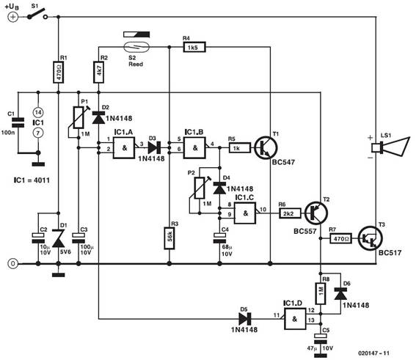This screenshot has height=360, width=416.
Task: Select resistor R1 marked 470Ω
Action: (59, 72)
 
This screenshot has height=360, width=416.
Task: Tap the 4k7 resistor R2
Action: (99, 72)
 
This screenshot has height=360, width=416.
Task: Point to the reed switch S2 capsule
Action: (136, 47)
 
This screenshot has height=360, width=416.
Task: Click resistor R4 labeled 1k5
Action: (194, 47)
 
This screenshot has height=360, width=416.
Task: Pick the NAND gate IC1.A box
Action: (124, 147)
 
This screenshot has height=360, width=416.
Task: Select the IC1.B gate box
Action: (194, 147)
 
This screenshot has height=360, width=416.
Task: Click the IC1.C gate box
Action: (245, 213)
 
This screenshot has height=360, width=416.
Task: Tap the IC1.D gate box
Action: (295, 319)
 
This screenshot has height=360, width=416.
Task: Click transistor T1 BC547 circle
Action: (266, 147)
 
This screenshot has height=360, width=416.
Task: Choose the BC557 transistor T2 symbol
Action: (316, 213)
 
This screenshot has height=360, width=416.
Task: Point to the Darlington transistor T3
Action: (371, 238)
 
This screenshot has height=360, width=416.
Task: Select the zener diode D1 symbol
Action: (59, 238)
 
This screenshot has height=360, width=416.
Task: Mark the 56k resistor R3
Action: (169, 238)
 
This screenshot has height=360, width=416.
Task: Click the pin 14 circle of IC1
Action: (38, 113)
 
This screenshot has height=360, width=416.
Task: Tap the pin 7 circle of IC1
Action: (38, 133)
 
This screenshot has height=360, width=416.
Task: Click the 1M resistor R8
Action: (321, 293)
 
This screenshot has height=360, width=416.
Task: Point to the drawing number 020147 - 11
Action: (374, 353)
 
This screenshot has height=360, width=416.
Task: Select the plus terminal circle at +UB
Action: (12, 17)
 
